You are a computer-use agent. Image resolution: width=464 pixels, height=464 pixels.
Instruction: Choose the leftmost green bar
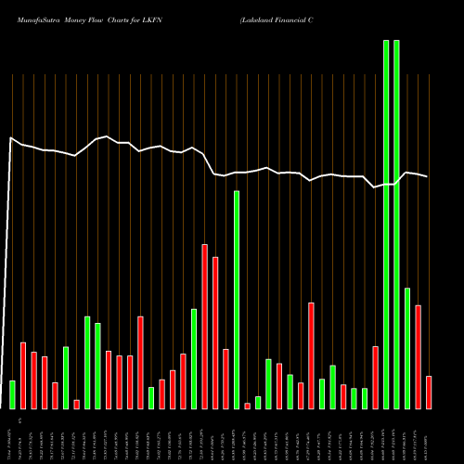pyautogui.click(x=12, y=394)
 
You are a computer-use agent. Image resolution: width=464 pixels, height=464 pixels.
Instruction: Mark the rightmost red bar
pyautogui.click(x=429, y=393)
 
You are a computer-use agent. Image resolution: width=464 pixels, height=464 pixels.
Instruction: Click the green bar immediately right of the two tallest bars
pyautogui.click(x=407, y=348)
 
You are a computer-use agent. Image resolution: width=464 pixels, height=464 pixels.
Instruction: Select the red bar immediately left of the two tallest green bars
pyautogui.click(x=376, y=378)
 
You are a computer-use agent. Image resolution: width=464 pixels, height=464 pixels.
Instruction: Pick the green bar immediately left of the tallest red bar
pyautogui.click(x=194, y=358)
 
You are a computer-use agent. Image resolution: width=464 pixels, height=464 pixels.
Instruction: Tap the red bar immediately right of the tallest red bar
pyautogui.click(x=215, y=332)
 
